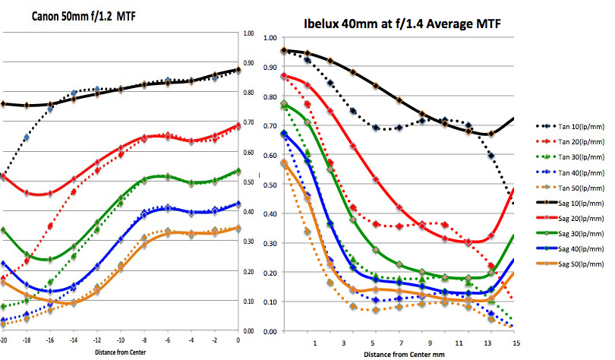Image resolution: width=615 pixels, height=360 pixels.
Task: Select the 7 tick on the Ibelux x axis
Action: coord(399,343)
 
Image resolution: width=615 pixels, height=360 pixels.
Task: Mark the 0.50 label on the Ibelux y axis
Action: coord(270,185)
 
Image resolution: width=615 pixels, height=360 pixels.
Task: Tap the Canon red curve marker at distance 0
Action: coord(238,126)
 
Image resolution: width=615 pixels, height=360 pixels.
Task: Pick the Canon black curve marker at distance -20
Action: coord(3,103)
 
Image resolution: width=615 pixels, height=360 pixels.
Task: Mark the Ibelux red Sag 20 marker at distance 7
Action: coord(399,207)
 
